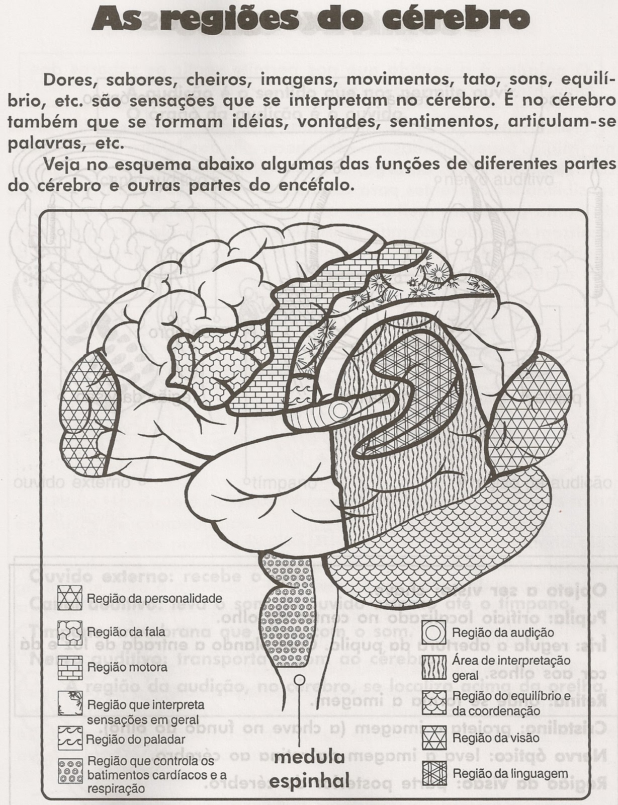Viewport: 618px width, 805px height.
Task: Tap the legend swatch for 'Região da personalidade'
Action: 69,598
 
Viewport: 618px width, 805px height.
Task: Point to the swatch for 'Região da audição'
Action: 434,632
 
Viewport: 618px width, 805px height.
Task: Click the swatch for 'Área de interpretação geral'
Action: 434,667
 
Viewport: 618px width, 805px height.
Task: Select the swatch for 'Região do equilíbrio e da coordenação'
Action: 434,703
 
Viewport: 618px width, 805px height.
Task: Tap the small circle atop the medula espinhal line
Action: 300,680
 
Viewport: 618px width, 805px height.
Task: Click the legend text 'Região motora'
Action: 127,668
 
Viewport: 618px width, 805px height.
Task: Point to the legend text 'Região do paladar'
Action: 136,739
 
